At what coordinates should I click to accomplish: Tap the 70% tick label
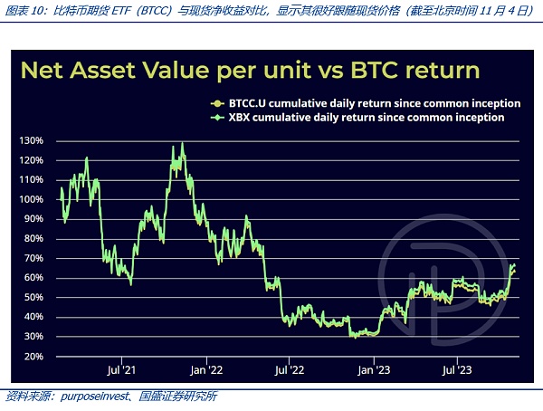(x=33, y=258)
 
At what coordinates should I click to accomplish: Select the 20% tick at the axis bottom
(x=33, y=356)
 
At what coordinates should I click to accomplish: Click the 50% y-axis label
(x=33, y=297)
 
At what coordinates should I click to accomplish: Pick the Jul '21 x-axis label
(x=121, y=369)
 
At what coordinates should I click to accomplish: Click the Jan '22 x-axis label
(x=207, y=369)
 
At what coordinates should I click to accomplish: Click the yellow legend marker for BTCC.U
(x=214, y=103)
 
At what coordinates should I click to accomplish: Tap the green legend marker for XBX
(x=214, y=118)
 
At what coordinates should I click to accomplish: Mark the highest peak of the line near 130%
(x=183, y=142)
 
